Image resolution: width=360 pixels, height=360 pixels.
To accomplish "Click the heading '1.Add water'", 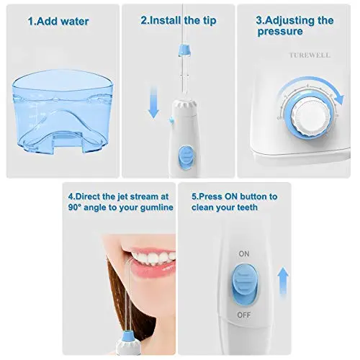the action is tap(58, 22).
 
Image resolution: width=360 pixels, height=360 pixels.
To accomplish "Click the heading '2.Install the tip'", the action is tap(179, 21).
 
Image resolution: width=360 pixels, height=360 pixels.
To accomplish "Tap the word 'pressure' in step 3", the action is tap(280, 32).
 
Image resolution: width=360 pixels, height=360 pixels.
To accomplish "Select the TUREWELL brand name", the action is tap(310, 55).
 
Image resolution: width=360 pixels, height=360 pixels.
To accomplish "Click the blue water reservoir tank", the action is tap(63, 112).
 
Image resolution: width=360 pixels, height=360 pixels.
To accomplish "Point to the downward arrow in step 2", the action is tap(153, 103).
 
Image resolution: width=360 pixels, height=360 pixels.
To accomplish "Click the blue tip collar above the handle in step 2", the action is tap(185, 50).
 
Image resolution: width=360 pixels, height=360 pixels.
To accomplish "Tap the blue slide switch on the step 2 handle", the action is tap(185, 157).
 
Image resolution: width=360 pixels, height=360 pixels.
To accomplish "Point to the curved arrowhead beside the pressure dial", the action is tap(338, 99).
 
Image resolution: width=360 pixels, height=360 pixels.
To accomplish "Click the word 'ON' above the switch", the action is tap(244, 253).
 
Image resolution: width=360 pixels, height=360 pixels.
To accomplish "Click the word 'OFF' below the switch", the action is tap(244, 315).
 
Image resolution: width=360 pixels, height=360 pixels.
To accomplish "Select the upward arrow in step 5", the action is tap(283, 283).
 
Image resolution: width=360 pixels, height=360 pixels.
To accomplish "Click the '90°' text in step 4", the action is tap(75, 207).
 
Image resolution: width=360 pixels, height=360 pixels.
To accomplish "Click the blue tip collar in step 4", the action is tap(127, 336).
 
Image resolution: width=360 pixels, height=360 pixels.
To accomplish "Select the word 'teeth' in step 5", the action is tap(247, 207).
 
